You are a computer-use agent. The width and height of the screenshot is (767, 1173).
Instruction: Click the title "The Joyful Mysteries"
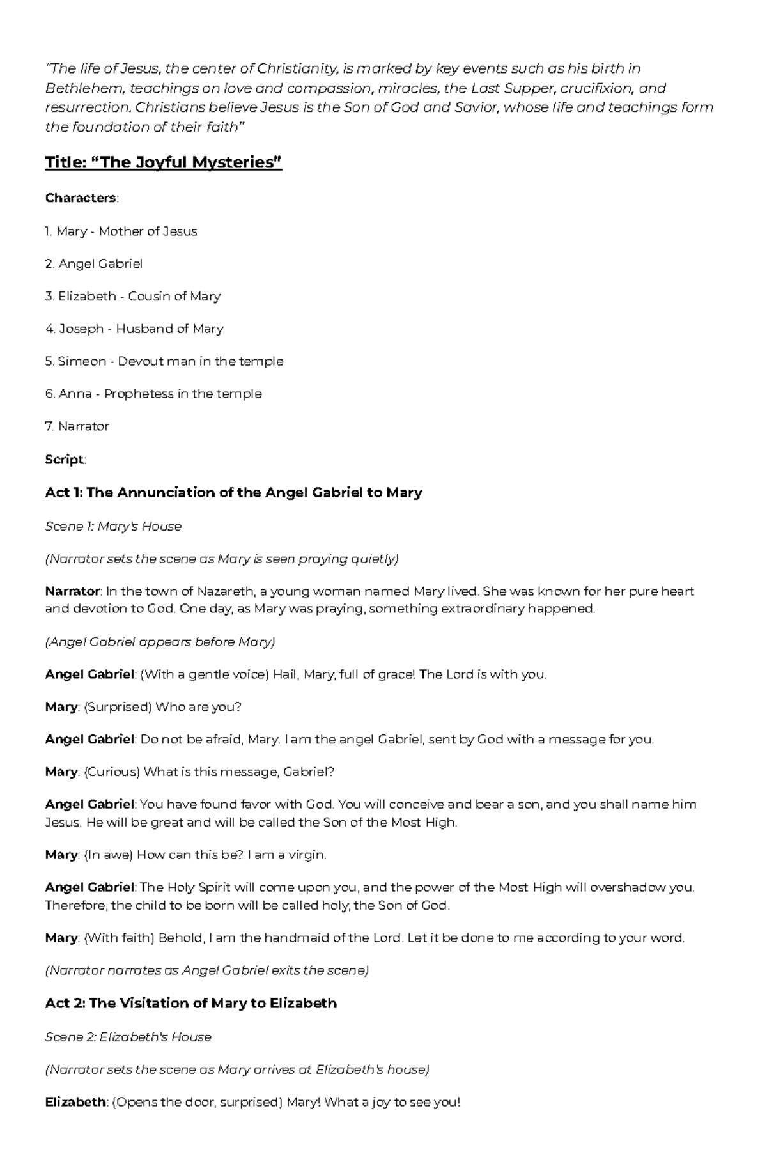[163, 163]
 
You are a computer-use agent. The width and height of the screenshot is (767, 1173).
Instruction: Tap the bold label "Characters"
[80, 198]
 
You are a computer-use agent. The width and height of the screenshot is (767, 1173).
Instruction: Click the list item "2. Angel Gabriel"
[94, 264]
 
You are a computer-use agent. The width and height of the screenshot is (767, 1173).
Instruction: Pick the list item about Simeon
[164, 361]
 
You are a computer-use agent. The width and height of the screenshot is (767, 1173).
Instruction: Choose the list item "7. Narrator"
[77, 426]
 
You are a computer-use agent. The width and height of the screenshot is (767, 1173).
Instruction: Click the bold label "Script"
[64, 460]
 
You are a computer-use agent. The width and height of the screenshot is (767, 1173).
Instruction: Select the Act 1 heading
[233, 493]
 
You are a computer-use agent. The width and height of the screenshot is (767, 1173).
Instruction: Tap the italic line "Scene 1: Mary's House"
[113, 526]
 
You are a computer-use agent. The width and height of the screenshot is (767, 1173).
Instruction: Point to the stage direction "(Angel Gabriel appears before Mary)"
[160, 642]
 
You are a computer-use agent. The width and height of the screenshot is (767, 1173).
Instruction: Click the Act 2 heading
[190, 1004]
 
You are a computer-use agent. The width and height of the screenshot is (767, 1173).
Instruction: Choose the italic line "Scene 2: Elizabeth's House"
[128, 1037]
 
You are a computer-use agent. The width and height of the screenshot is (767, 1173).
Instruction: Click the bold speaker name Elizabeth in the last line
[75, 1102]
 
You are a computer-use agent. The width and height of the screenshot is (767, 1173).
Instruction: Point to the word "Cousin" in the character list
[149, 297]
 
